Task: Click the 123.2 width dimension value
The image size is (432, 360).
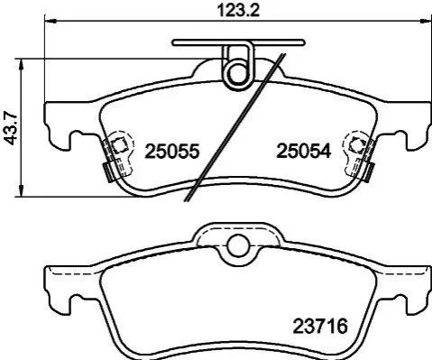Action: (238, 11)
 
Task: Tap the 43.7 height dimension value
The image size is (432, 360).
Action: (13, 127)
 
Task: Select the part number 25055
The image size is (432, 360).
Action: (172, 151)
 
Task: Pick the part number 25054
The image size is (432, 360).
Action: (304, 151)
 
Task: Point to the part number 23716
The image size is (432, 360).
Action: (320, 326)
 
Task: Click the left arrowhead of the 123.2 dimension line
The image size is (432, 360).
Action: (51, 21)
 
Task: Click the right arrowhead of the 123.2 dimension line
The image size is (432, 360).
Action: (425, 21)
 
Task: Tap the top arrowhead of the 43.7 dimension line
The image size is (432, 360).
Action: (21, 64)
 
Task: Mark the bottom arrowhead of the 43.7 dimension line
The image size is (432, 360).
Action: (21, 190)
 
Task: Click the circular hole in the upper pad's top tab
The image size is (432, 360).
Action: (237, 73)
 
